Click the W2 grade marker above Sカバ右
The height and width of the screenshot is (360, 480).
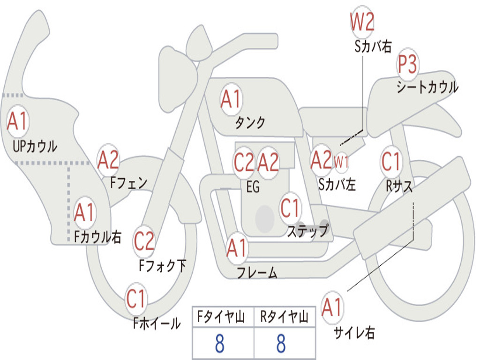coord(362,22)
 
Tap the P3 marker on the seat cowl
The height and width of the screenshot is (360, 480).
coord(408,64)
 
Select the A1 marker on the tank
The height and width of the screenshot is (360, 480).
coord(231,99)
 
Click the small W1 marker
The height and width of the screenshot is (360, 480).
coord(341,162)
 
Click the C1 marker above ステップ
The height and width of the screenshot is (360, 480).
coord(290,208)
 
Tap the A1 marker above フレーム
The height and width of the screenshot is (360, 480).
coord(237,248)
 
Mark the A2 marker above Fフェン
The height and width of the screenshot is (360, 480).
coord(108,160)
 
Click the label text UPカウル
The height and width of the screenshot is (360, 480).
coord(34,146)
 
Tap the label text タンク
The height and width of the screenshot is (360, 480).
coord(250,123)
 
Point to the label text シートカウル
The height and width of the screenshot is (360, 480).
coord(427,87)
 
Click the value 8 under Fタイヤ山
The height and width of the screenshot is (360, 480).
coord(219,344)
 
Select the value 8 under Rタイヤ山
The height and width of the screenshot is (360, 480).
coord(281,344)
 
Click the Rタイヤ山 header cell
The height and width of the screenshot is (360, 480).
coord(284,318)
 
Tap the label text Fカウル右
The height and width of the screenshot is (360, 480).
coord(98,237)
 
